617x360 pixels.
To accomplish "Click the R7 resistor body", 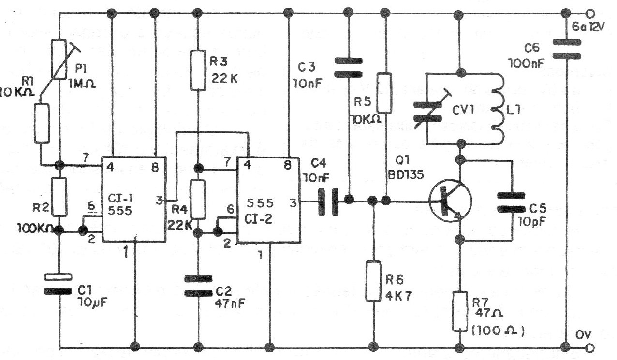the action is coord(460,311).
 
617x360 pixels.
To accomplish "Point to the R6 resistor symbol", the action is coord(373,281).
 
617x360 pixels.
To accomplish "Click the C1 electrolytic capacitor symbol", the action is coord(59,284).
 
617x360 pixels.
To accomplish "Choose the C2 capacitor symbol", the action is coord(198,286).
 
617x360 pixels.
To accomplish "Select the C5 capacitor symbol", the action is coord(511,202).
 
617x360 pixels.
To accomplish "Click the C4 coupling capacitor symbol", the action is coord(328,202).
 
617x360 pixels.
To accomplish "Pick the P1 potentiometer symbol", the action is coord(59,59).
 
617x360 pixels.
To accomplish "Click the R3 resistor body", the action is coord(198,71).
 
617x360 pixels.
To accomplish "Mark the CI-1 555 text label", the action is coord(120,204).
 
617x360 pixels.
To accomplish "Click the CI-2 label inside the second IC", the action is coord(258,219).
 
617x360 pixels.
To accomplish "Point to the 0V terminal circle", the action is coord(589,348).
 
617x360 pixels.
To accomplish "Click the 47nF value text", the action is coord(230,303).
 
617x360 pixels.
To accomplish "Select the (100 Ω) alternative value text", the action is coord(498,331).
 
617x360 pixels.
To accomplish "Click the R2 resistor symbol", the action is coord(59,197).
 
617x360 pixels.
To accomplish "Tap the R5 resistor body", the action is coord(384,93).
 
